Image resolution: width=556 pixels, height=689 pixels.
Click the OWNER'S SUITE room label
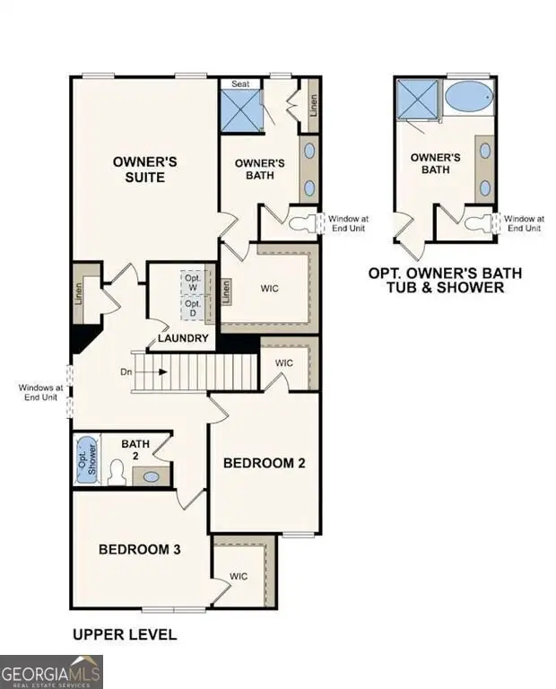pos(138,170)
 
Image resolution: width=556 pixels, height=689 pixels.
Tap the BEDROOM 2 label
pos(265,463)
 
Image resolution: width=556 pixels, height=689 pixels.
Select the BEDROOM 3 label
pos(140,548)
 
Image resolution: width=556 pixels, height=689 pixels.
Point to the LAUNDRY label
pos(183,338)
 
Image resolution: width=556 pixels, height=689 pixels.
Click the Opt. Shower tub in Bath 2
pos(85,459)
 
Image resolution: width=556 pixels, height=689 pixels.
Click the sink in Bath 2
pos(152,476)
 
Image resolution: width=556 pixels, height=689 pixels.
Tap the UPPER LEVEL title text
pos(125,635)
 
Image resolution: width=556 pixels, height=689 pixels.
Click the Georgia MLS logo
pos(51,671)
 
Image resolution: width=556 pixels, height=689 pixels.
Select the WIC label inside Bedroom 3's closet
pos(239,576)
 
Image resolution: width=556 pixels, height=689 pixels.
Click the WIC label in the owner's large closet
pos(270,290)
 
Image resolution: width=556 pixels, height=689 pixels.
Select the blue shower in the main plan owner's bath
pos(240,109)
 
